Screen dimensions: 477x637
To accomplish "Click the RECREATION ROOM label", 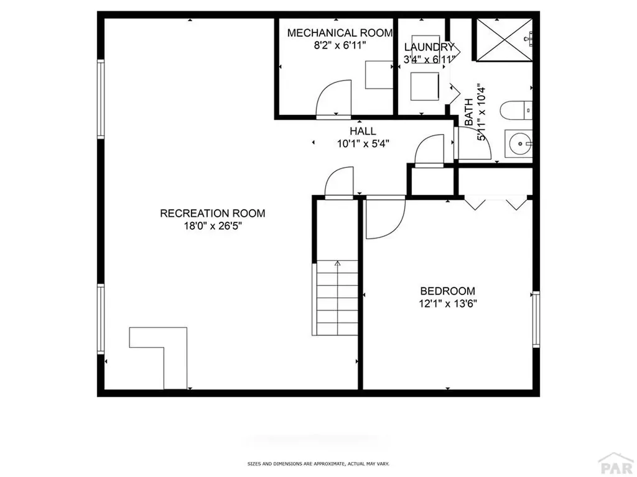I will click(x=212, y=213).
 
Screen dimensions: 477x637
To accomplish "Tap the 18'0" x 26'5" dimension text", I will click(x=212, y=226).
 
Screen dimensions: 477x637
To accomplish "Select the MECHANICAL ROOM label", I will click(x=340, y=32).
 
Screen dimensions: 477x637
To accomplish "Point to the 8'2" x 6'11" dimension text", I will click(x=340, y=45).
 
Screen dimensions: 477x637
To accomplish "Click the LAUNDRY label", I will click(x=429, y=47).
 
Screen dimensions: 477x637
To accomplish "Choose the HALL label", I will click(x=363, y=131).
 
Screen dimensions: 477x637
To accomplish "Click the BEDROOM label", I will click(x=447, y=291).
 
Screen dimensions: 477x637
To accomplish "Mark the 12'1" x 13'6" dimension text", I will click(x=447, y=304).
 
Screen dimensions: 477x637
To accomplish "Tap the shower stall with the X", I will click(x=504, y=39).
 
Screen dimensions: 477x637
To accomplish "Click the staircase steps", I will click(x=337, y=298).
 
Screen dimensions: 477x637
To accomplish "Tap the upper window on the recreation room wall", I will click(x=100, y=98).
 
